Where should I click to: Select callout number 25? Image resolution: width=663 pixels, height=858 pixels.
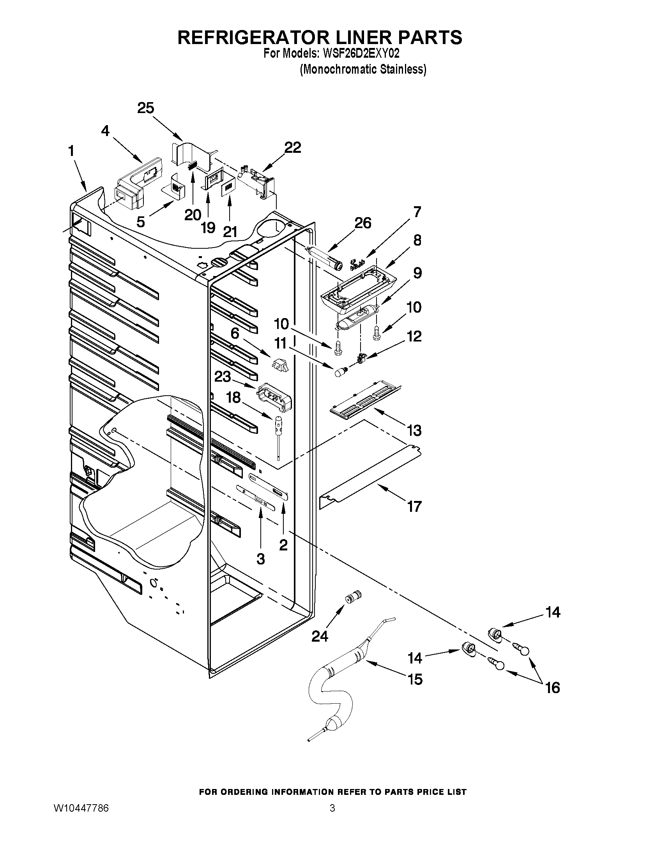coord(145,108)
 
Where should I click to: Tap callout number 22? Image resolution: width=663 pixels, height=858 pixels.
coord(293,148)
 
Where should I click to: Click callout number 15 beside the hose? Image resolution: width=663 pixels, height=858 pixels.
coord(415,679)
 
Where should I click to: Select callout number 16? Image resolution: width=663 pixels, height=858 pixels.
coord(553,688)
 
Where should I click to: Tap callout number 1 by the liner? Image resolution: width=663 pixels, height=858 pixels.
coord(71,151)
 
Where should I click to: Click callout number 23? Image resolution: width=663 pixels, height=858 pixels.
coord(223,377)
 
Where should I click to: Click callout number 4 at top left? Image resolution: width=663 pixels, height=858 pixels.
coord(105,131)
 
